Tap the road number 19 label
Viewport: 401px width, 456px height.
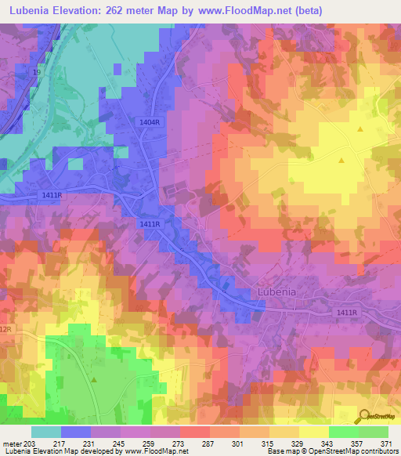(x=35, y=71)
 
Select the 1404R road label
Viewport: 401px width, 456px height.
(x=150, y=123)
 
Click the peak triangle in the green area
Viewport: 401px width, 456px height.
(x=94, y=379)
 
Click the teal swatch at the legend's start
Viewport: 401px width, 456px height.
(x=46, y=432)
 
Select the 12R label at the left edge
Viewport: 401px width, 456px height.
(x=6, y=330)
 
